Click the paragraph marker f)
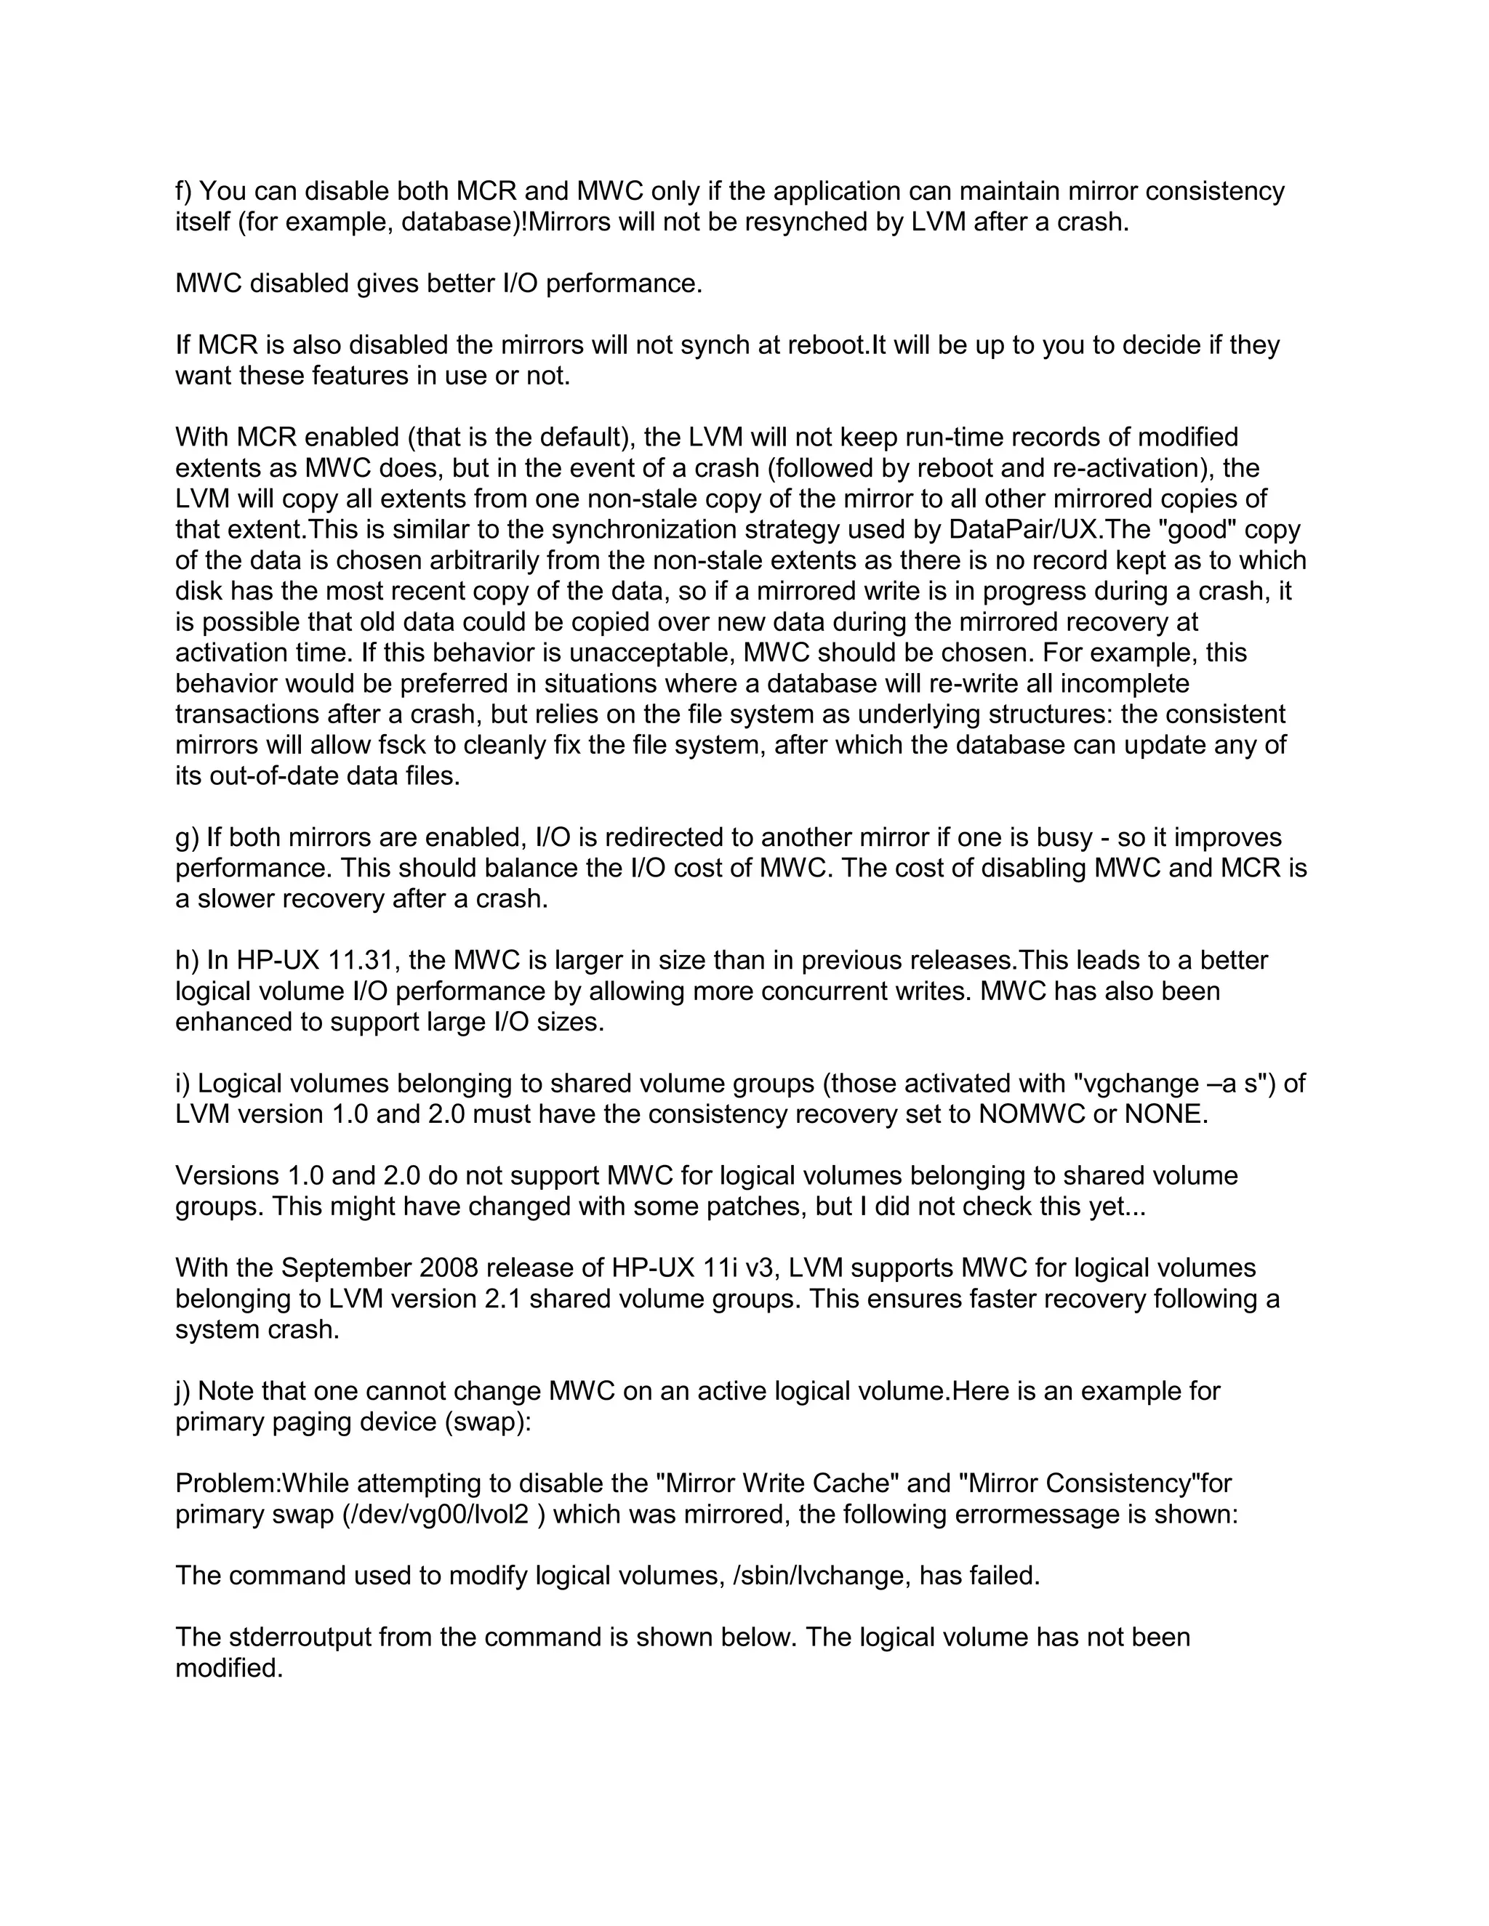coord(185,191)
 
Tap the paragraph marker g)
coord(186,838)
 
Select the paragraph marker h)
coord(186,960)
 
